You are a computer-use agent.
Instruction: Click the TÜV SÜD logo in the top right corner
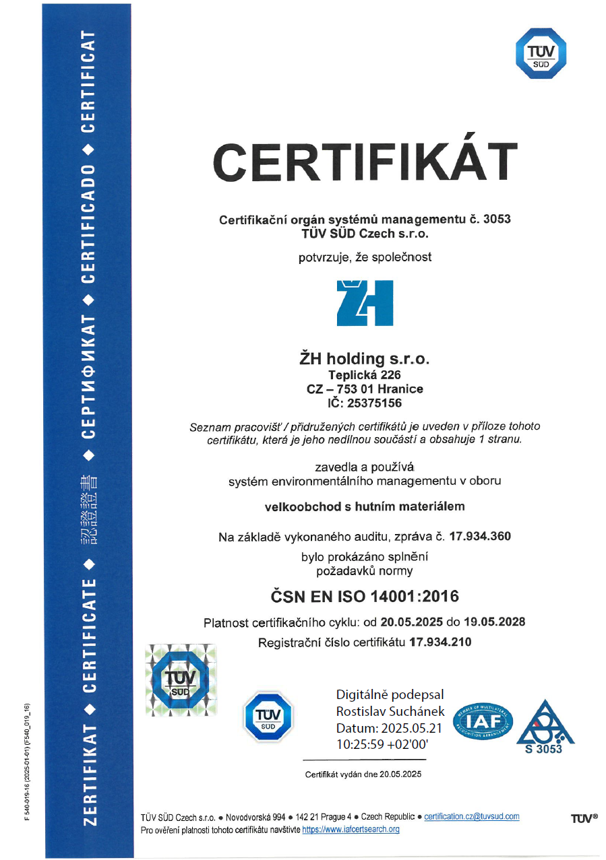coord(541,55)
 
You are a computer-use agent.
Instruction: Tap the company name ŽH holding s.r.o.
coord(365,358)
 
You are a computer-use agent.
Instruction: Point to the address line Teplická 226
coord(365,375)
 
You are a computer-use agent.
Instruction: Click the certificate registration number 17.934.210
coord(440,642)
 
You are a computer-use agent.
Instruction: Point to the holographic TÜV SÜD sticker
coord(181,680)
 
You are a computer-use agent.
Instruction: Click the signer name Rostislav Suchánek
coord(390,710)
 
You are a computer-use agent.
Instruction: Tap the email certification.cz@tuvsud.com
coord(472,816)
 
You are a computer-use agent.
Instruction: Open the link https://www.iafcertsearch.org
coord(351,830)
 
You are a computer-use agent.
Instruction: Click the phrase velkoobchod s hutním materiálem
coord(365,506)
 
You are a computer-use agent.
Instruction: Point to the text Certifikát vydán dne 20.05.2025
coord(363,774)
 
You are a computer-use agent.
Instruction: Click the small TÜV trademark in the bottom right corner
coord(584,818)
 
